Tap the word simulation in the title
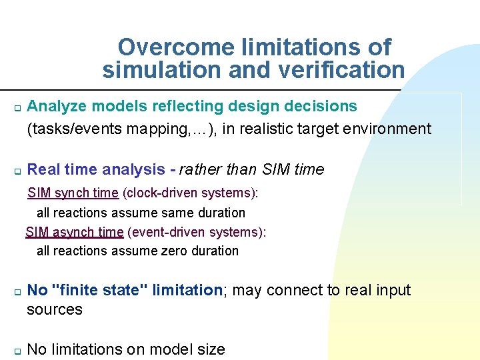click(x=151, y=69)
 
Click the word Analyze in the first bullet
click(x=57, y=106)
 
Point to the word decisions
click(x=321, y=106)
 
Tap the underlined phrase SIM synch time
click(x=73, y=193)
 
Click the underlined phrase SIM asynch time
click(x=75, y=232)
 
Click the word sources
click(x=55, y=310)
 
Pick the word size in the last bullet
click(x=211, y=349)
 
